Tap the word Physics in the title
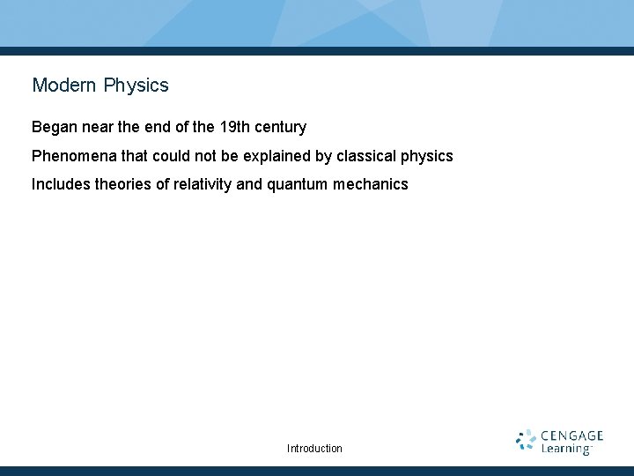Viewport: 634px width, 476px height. (x=136, y=86)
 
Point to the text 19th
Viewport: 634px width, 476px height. (x=234, y=127)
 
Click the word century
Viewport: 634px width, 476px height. (x=280, y=127)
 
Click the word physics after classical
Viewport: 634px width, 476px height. (x=427, y=156)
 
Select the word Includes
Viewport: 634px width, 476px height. (x=60, y=184)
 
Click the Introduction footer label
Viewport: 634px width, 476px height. (x=314, y=449)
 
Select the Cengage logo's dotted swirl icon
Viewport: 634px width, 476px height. (x=526, y=441)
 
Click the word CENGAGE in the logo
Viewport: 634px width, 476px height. (x=572, y=435)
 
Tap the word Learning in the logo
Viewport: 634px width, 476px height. (x=565, y=449)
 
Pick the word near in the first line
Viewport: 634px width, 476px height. (x=95, y=127)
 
